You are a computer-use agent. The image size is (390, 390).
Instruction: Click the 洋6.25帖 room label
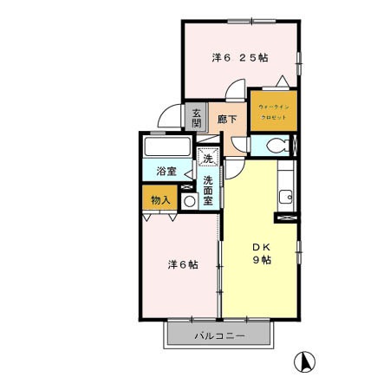coord(240,58)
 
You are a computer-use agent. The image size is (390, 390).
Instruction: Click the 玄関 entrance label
coord(197,117)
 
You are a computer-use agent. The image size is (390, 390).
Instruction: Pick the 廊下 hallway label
coord(228,120)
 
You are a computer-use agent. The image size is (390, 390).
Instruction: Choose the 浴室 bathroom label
coord(166,172)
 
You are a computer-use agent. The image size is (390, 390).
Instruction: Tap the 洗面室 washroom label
coord(209,188)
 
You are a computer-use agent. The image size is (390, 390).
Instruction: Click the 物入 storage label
coord(160,199)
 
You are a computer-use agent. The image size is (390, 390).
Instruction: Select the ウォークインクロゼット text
coord(274,112)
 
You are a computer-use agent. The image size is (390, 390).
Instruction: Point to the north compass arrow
coord(305,360)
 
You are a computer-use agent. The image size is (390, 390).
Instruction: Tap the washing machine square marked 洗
coord(207,159)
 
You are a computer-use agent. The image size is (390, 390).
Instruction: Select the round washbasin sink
coord(189,200)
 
